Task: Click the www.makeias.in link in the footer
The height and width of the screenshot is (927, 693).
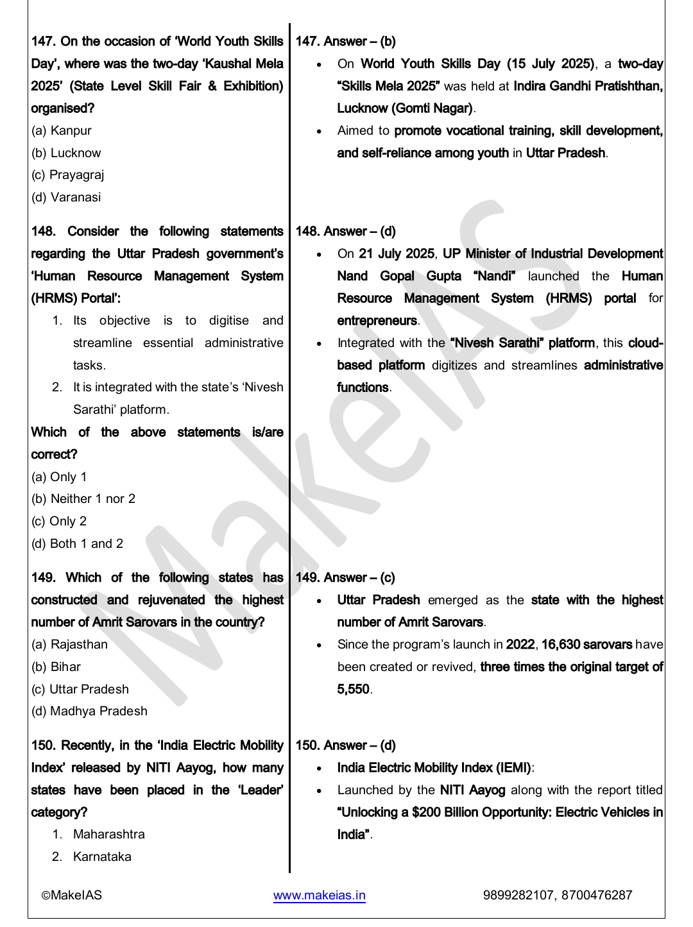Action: [319, 896]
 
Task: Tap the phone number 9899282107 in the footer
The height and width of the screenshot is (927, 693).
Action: [518, 896]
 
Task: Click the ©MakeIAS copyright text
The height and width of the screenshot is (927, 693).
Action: [71, 896]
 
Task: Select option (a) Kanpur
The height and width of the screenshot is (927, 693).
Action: [62, 131]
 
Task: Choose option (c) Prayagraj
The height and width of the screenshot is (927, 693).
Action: [67, 175]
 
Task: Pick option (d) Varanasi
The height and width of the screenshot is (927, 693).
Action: [66, 198]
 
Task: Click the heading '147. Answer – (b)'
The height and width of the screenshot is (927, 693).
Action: [345, 42]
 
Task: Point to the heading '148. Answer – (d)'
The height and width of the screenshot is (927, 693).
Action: [345, 232]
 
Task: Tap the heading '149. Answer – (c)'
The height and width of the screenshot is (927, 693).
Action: [345, 578]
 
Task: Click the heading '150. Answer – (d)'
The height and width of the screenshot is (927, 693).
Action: [345, 745]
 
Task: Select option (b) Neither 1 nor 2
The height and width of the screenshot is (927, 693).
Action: [83, 499]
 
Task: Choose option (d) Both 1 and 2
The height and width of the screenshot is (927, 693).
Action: [77, 544]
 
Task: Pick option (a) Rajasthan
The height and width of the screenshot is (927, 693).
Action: [69, 645]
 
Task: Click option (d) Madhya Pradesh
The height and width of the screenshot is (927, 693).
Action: [89, 711]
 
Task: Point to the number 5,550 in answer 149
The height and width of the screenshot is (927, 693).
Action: [353, 690]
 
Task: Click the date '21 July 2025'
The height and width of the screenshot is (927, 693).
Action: [397, 254]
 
